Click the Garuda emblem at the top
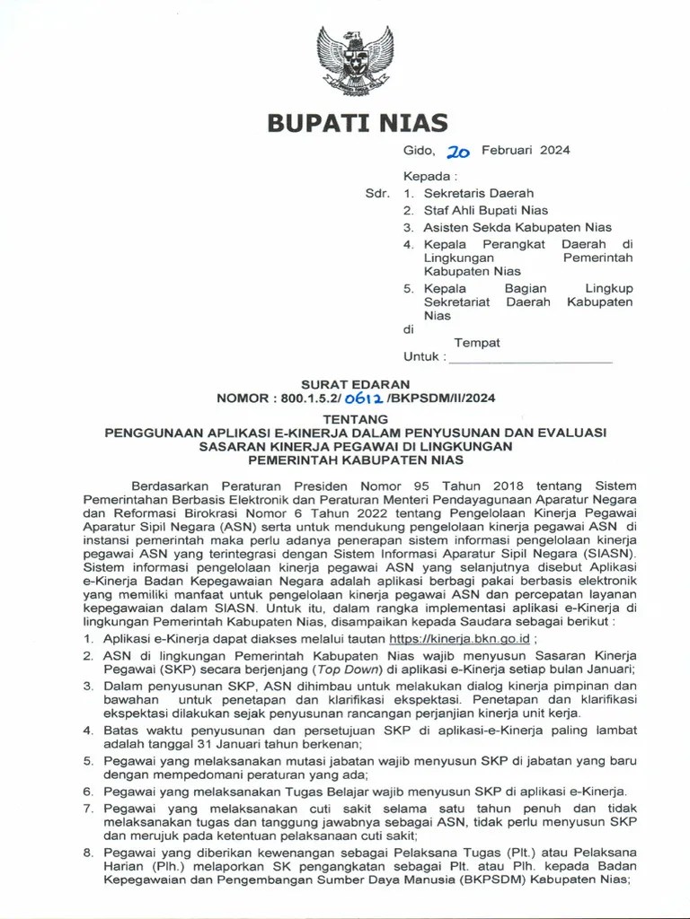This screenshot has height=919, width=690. point(355,60)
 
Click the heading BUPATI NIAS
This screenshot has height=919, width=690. point(357,123)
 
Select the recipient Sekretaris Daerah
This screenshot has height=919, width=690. point(479,193)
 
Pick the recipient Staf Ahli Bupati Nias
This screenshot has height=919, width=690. point(486,210)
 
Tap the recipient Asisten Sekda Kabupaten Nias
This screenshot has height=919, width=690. point(517,227)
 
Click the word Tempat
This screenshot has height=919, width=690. point(477,342)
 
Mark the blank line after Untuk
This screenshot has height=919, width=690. point(530,357)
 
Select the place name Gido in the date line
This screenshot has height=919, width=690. point(419,150)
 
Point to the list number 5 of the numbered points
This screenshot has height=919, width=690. point(88,761)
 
